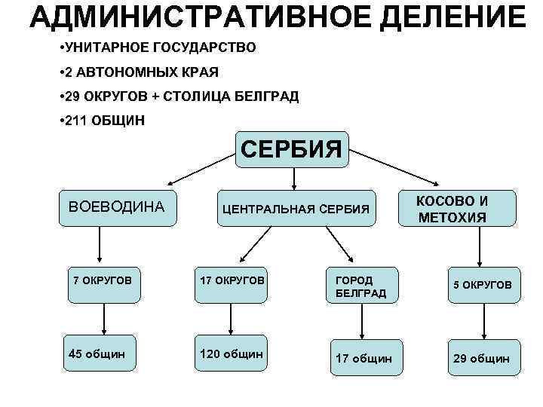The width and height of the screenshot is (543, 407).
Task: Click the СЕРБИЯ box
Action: click(x=292, y=148)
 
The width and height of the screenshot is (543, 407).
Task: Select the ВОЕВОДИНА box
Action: click(x=116, y=207)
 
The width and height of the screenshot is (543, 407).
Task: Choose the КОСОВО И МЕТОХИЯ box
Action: click(x=457, y=209)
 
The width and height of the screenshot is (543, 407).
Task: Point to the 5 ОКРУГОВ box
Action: click(x=482, y=285)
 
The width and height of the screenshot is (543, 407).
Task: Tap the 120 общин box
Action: click(x=231, y=353)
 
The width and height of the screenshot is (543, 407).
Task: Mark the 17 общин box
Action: click(x=364, y=359)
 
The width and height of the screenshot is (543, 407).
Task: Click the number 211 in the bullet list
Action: click(x=77, y=120)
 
